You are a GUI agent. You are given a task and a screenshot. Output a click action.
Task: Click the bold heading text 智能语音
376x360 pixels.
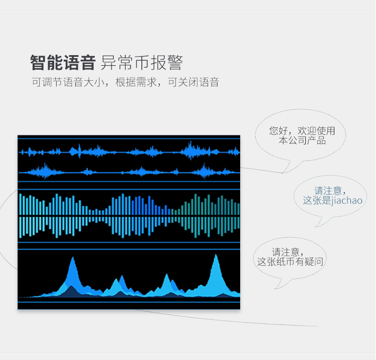(63, 63)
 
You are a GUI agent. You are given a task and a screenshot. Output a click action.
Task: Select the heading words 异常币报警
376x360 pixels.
(142, 63)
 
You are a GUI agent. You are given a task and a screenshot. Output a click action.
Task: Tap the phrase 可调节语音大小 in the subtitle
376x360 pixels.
(68, 82)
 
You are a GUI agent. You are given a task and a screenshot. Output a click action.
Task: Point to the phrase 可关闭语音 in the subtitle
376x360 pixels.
(194, 82)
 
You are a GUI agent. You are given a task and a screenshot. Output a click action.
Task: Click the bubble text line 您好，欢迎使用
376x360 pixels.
(302, 131)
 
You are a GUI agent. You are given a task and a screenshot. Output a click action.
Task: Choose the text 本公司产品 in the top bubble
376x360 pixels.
(302, 140)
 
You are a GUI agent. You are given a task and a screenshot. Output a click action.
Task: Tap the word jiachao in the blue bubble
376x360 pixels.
(347, 201)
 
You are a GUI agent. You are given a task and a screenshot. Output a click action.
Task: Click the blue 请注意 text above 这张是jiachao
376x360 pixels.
(328, 191)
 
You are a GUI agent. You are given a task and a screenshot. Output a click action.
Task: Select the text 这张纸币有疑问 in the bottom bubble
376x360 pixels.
(290, 261)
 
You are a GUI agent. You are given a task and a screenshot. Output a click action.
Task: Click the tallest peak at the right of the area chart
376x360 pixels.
(216, 255)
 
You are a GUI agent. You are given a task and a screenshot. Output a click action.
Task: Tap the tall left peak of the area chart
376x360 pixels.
(73, 257)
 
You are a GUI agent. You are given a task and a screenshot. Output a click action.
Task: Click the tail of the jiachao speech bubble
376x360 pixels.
(316, 227)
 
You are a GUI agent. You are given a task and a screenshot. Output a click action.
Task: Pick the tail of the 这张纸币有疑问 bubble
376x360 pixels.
(276, 288)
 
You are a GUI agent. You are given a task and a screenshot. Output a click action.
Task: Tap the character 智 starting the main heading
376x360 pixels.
(38, 63)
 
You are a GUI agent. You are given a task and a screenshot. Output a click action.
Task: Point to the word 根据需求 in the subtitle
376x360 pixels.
(136, 82)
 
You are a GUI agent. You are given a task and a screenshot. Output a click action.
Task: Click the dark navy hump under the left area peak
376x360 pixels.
(71, 292)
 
